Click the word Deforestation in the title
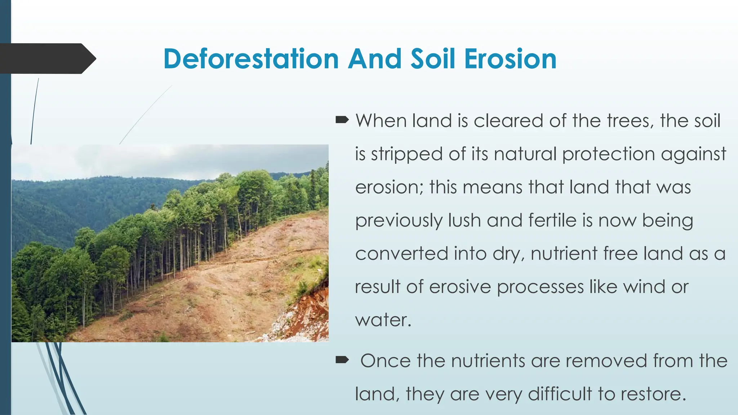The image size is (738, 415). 251,59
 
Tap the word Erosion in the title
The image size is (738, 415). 510,59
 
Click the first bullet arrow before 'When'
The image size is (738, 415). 342,120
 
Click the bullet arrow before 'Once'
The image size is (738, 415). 342,360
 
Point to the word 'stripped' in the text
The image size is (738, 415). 406,154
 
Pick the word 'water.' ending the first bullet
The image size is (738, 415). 383,320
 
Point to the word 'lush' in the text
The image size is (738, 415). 464,220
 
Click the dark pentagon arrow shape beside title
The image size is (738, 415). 47,59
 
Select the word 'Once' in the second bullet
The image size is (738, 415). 385,361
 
